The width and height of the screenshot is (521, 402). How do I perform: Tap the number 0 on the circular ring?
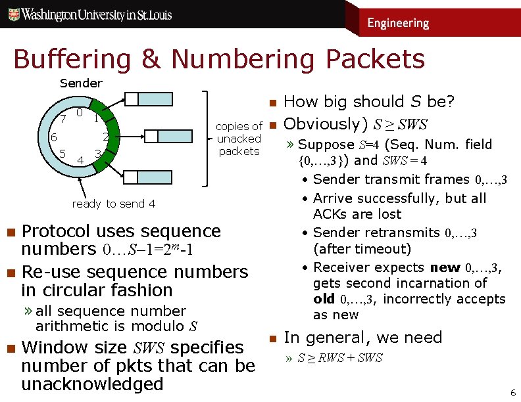pyautogui.click(x=79, y=112)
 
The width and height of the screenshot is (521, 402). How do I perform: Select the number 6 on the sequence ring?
pyautogui.click(x=54, y=137)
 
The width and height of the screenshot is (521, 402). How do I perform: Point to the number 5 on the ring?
pyautogui.click(x=62, y=153)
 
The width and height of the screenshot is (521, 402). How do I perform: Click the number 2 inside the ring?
pyautogui.click(x=105, y=137)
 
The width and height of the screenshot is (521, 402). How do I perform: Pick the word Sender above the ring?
pyautogui.click(x=81, y=83)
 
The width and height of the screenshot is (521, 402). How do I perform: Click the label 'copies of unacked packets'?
pyautogui.click(x=239, y=139)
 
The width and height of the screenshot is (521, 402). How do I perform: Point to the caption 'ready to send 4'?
pyautogui.click(x=113, y=204)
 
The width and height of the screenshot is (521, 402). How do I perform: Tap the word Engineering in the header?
pyautogui.click(x=398, y=23)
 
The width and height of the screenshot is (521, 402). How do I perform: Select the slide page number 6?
pyautogui.click(x=513, y=393)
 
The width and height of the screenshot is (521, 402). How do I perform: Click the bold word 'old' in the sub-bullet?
pyautogui.click(x=325, y=299)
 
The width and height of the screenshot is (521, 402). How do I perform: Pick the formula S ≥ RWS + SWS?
pyautogui.click(x=340, y=359)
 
